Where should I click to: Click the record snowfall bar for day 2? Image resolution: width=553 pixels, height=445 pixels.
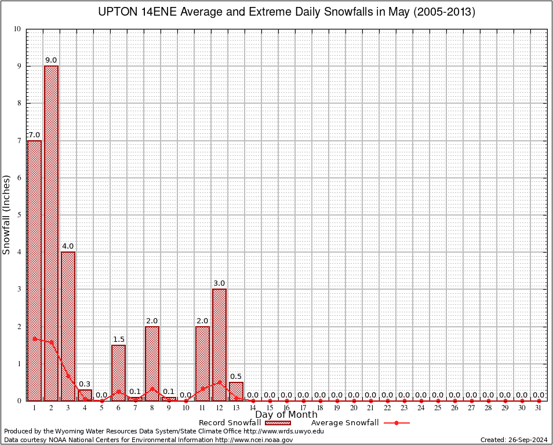(51, 233)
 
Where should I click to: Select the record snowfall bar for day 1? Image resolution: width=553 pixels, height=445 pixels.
(34, 270)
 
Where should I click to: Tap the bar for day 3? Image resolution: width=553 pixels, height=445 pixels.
(68, 326)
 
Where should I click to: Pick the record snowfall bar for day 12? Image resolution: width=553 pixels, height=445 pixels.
(219, 344)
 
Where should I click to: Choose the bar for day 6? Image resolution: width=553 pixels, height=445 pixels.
(118, 373)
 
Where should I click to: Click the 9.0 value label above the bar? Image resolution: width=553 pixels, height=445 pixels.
(51, 60)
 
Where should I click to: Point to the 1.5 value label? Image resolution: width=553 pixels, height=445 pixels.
(118, 340)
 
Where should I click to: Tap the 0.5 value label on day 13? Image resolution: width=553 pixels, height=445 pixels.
(236, 377)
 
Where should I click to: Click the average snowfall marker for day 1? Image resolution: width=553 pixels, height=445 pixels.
(34, 338)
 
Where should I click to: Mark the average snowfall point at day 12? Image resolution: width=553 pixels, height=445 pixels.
(219, 382)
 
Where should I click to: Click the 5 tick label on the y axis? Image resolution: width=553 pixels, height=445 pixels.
(19, 215)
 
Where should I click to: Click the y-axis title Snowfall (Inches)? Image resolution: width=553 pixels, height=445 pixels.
(7, 215)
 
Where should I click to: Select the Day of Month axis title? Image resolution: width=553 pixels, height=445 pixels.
(286, 414)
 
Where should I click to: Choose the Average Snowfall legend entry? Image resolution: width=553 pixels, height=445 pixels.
(359, 423)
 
